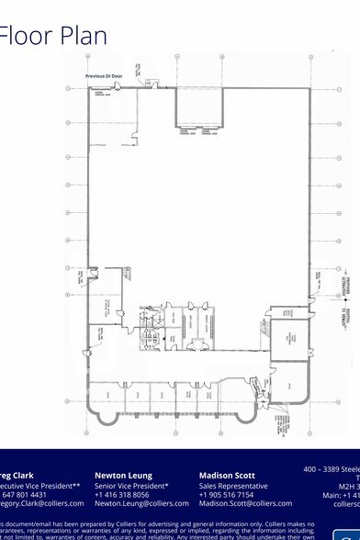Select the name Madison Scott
[230, 475]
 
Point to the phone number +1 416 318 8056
[122, 494]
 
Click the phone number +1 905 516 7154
[226, 494]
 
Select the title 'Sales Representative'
[233, 485]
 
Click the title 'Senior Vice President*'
[131, 485]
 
